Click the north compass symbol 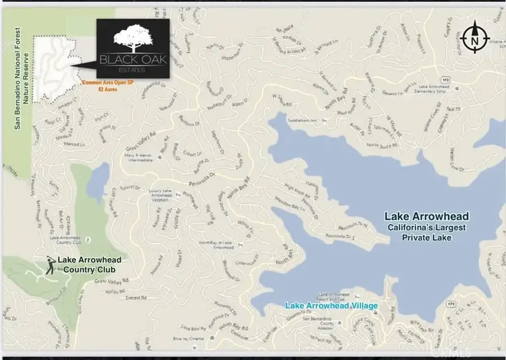click(476, 37)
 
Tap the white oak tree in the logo click(132, 38)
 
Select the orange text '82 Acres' click(107, 89)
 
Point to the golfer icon click(50, 265)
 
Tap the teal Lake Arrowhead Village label click(331, 305)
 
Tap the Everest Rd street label click(135, 296)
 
